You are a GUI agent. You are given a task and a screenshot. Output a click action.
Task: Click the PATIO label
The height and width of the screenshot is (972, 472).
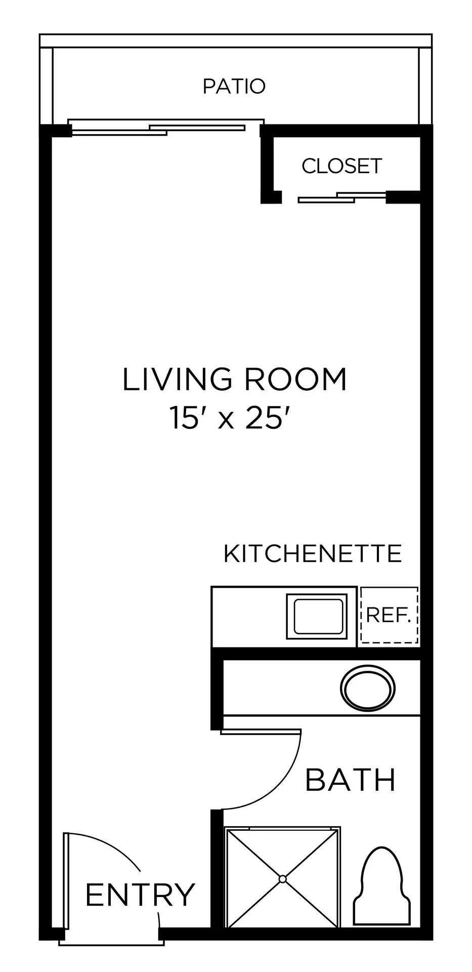point(234,87)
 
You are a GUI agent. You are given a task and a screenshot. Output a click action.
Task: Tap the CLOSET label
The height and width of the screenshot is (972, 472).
point(342,166)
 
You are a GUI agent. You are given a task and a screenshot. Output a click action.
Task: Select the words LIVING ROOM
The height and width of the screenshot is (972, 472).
point(235,380)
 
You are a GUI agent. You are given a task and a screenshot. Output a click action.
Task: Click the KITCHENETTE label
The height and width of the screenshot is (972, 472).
point(313,554)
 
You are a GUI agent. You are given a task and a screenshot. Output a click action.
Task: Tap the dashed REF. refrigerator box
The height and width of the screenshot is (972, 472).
point(389,615)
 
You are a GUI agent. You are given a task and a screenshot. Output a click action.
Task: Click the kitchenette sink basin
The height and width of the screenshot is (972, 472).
point(318,616)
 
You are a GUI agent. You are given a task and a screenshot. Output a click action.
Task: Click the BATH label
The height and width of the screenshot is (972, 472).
point(350,780)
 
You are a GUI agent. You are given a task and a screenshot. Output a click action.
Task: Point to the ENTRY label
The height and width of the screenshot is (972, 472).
point(140,895)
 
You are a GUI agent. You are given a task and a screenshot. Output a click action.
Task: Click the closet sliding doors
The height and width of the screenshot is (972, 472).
point(342,197)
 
